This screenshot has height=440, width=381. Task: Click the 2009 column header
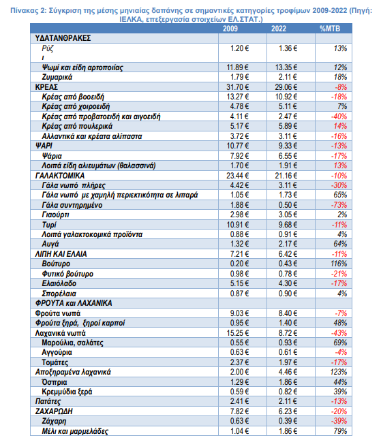pos(230,29)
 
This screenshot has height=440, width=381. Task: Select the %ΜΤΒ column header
pos(330,29)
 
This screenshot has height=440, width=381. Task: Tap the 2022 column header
pos(279,29)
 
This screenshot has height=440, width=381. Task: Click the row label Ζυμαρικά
pos(57,77)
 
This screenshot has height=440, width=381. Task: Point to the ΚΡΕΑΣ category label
pos(46,87)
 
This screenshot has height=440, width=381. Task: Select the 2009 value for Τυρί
pos(237,225)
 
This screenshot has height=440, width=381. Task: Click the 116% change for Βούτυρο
pos(339,264)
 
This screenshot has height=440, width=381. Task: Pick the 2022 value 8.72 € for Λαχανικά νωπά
pos(288,333)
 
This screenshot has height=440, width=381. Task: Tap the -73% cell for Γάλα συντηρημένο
pos(339,205)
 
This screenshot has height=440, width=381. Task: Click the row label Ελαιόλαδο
pos(59,283)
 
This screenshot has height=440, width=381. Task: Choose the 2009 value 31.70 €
pos(237,87)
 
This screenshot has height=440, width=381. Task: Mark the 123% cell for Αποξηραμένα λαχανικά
pos(339,372)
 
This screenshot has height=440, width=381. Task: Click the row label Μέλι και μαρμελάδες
pos(75,431)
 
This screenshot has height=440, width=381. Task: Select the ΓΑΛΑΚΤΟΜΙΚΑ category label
pos(60,176)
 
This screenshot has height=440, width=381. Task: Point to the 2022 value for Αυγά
pos(288,244)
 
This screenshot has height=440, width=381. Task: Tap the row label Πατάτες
pos(48,402)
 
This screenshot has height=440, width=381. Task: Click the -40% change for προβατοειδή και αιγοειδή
pos(339,116)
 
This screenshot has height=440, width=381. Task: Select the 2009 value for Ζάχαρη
pos(239,421)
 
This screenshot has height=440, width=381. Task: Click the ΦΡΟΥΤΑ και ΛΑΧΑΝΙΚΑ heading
pos(74,303)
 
